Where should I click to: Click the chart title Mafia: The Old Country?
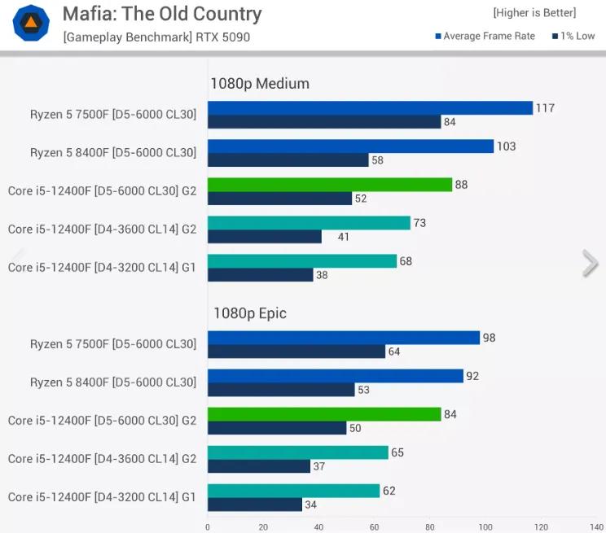pyautogui.click(x=162, y=15)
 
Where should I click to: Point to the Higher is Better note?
pyautogui.click(x=534, y=13)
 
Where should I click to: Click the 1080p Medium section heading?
pyautogui.click(x=260, y=83)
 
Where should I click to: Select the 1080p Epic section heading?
pyautogui.click(x=250, y=313)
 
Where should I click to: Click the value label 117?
pyautogui.click(x=545, y=107)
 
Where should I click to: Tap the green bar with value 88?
pyautogui.click(x=330, y=185)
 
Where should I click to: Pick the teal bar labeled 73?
pyautogui.click(x=309, y=223)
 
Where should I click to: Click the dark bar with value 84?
pyautogui.click(x=324, y=122)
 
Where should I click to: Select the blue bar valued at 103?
pyautogui.click(x=350, y=146)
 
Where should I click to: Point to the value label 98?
pyautogui.click(x=489, y=338)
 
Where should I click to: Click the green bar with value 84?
pyautogui.click(x=324, y=414)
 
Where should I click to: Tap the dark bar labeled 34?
pyautogui.click(x=255, y=505)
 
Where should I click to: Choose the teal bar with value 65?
pyautogui.click(x=298, y=452)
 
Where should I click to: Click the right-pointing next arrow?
pyautogui.click(x=591, y=263)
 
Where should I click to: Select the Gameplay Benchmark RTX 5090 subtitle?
pyautogui.click(x=156, y=37)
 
